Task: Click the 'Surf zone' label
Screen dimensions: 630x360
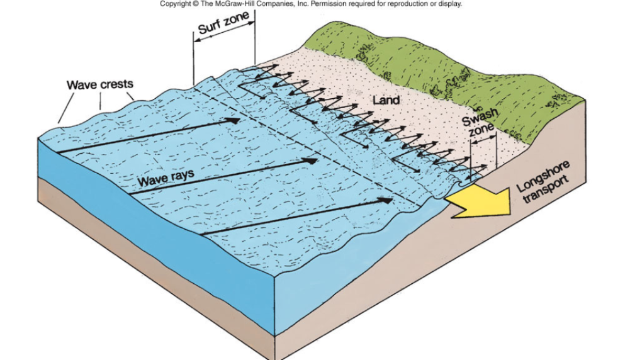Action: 223,28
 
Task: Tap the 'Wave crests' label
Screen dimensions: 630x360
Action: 100,84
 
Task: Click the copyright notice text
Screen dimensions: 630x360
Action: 311,4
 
